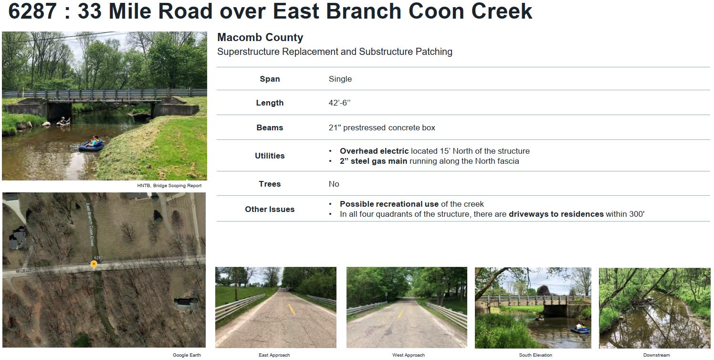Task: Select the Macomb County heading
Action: pyautogui.click(x=260, y=37)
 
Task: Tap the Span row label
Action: pyautogui.click(x=270, y=79)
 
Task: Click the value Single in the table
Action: pyautogui.click(x=340, y=79)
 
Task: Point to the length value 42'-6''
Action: pyautogui.click(x=339, y=103)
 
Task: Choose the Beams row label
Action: pyautogui.click(x=270, y=127)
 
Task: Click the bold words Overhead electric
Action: pyautogui.click(x=374, y=151)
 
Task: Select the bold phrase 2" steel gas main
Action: pyautogui.click(x=373, y=161)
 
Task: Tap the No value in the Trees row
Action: pyautogui.click(x=334, y=184)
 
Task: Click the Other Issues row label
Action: pyautogui.click(x=270, y=209)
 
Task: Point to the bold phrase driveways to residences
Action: pyautogui.click(x=556, y=214)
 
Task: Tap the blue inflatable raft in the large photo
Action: pyautogui.click(x=92, y=146)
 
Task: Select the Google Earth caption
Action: pyautogui.click(x=187, y=355)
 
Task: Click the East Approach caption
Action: pyautogui.click(x=274, y=355)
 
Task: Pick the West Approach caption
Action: pyautogui.click(x=409, y=355)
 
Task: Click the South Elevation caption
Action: pyautogui.click(x=535, y=355)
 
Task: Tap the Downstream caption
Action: pyautogui.click(x=656, y=355)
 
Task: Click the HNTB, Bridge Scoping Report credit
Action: pyautogui.click(x=169, y=186)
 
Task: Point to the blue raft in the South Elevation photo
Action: pyautogui.click(x=580, y=330)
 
